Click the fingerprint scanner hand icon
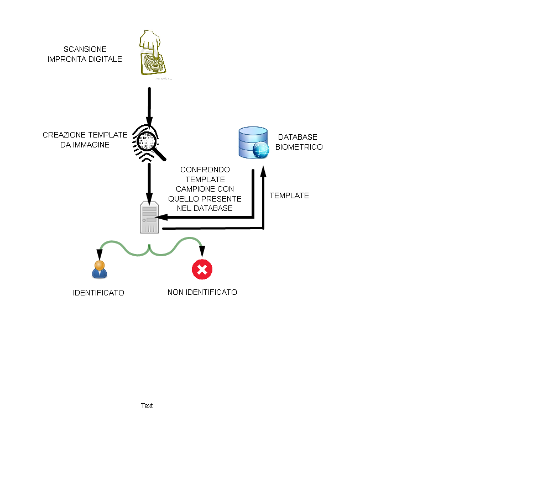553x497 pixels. [153, 53]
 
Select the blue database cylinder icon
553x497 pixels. [254, 142]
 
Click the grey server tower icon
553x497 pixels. [149, 218]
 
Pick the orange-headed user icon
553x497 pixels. [100, 270]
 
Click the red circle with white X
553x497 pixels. [202, 269]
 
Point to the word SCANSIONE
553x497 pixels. [85, 49]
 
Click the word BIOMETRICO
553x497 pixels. [299, 147]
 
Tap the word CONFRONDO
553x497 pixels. [205, 170]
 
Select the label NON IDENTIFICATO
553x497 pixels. [202, 292]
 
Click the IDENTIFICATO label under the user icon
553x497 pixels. [98, 293]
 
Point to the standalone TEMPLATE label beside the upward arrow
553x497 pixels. [289, 195]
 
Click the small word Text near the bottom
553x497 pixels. [147, 406]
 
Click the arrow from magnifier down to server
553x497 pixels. [149, 183]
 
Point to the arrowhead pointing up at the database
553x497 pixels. [263, 171]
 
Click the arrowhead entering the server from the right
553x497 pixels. [161, 218]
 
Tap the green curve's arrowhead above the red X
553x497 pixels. [202, 251]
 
